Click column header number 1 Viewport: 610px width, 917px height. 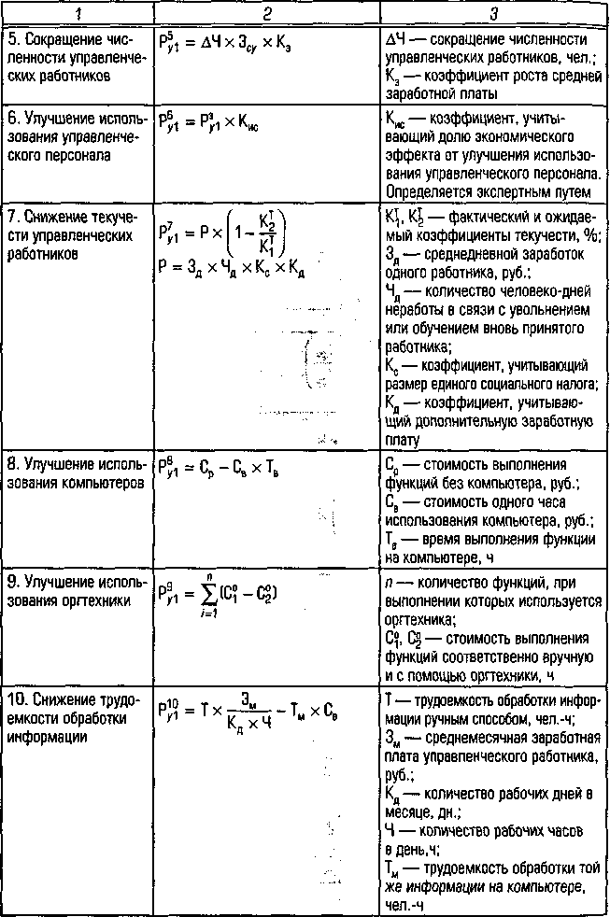tap(78, 13)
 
